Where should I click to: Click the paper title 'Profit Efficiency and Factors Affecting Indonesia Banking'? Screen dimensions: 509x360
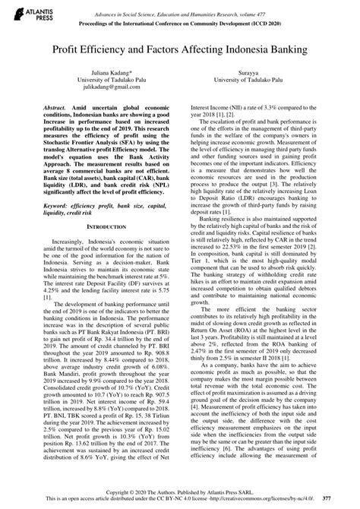pyautogui.click(x=179, y=48)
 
